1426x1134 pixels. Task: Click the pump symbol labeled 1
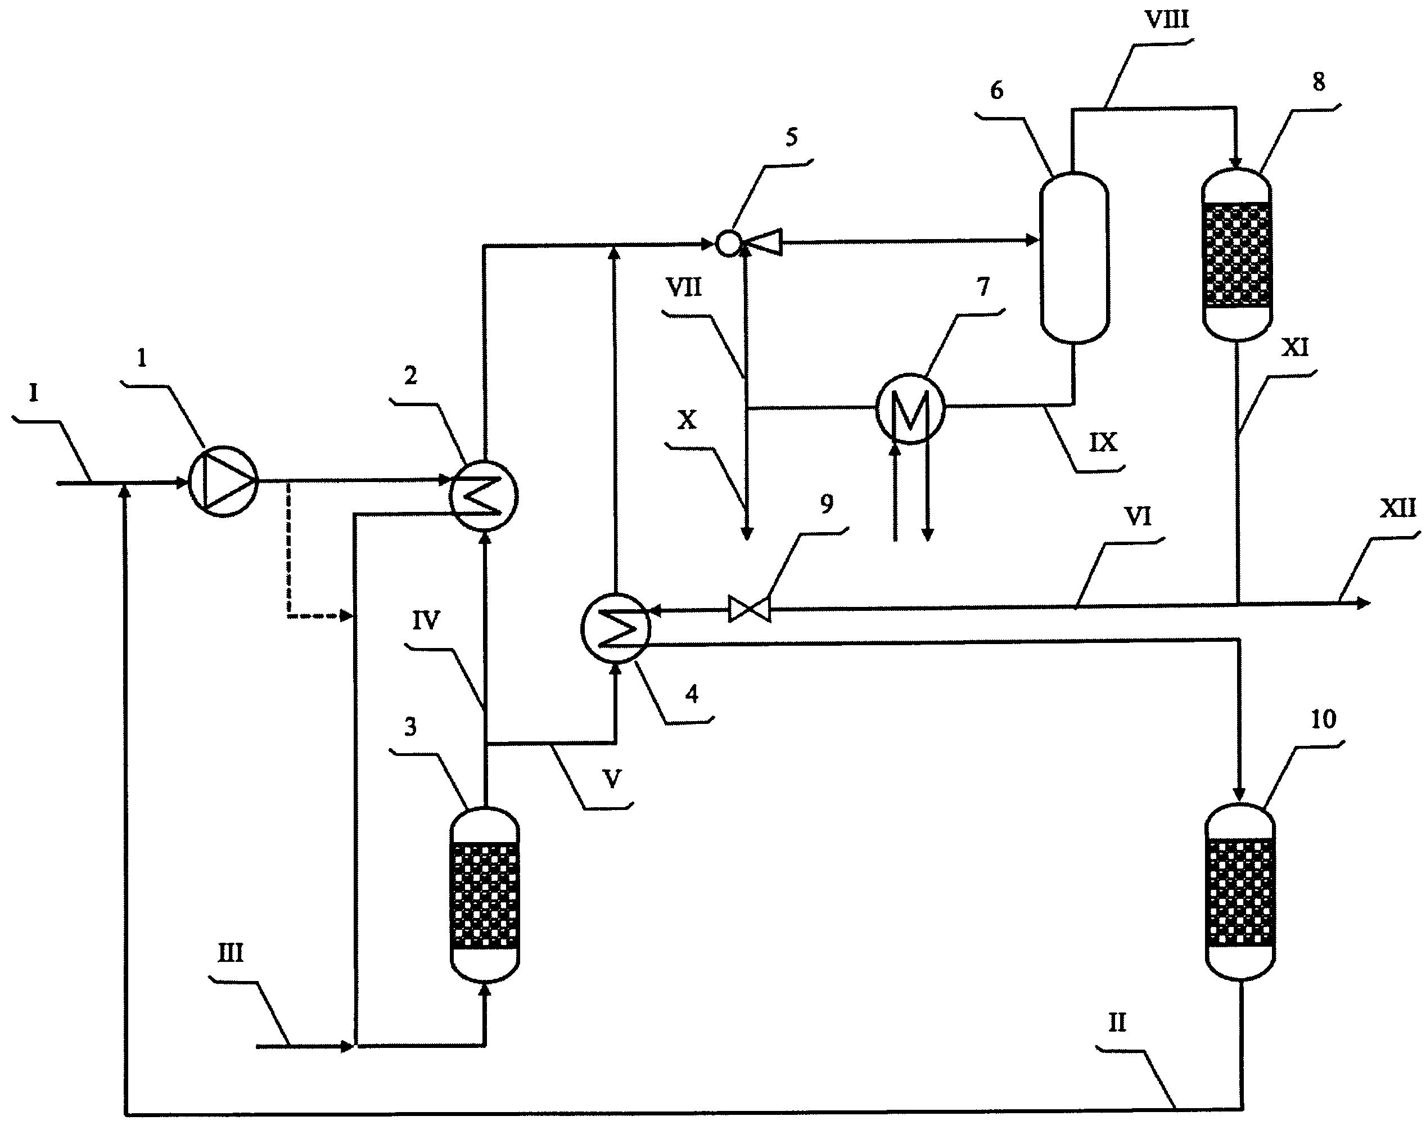click(x=223, y=482)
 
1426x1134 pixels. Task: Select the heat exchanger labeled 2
click(x=484, y=495)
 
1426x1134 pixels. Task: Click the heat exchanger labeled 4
click(x=615, y=628)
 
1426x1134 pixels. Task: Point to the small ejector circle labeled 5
click(x=728, y=244)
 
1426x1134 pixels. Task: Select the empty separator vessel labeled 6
click(x=1074, y=258)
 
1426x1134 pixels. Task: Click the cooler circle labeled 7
click(x=910, y=409)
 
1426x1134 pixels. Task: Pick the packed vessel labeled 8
click(x=1236, y=255)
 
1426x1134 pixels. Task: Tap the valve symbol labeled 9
click(x=750, y=609)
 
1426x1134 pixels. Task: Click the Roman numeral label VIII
click(x=1167, y=20)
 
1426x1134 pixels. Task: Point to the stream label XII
click(x=1397, y=508)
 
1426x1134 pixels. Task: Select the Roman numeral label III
click(x=230, y=953)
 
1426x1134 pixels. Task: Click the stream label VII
click(x=684, y=288)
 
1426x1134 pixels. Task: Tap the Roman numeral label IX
click(x=1103, y=442)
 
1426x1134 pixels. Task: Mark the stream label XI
click(x=1294, y=348)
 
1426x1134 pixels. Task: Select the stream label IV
click(x=426, y=620)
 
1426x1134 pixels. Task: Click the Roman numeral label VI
click(x=1138, y=516)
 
